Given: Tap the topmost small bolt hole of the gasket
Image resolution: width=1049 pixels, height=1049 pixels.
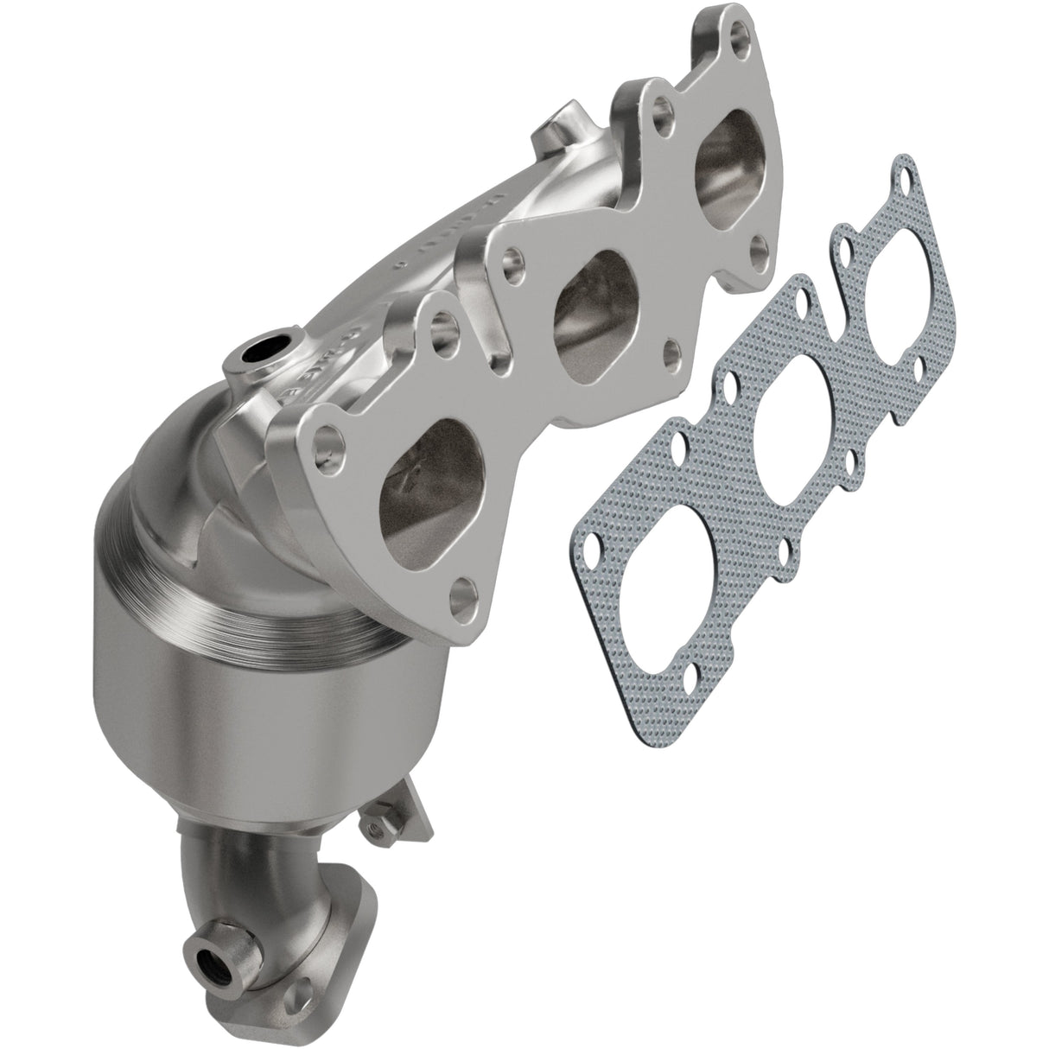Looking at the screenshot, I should tap(902, 171).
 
